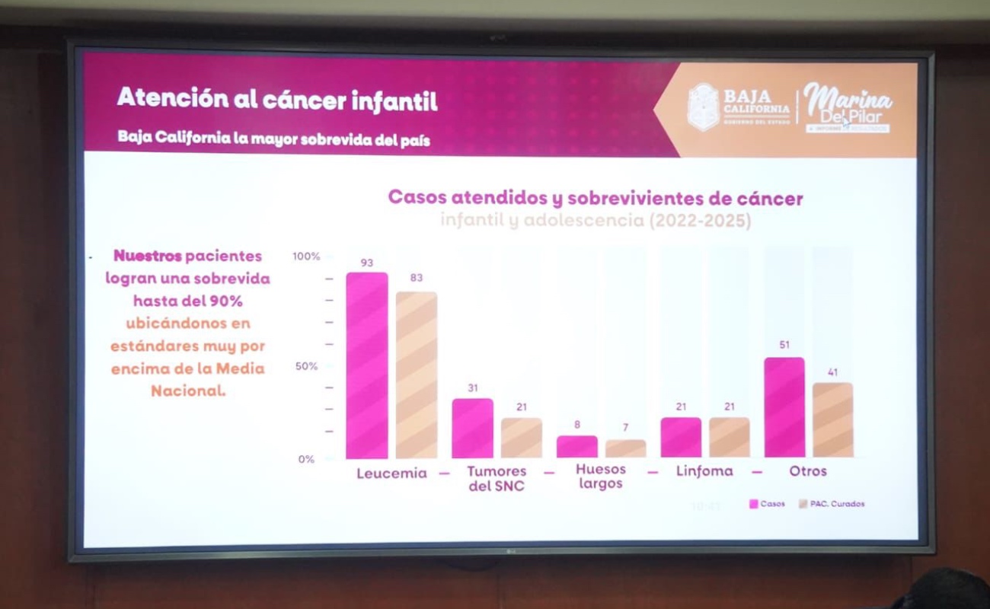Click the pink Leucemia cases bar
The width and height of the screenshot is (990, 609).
(367, 365)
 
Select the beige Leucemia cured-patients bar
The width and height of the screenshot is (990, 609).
(417, 375)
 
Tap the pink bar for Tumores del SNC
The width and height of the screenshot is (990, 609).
(472, 428)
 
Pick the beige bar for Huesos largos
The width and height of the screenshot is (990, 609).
(625, 448)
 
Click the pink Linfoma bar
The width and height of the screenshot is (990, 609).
(681, 437)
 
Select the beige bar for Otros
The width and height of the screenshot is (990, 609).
(832, 419)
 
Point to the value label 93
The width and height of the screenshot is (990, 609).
(367, 263)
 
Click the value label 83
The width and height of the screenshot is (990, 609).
(417, 278)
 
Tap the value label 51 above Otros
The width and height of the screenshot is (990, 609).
(784, 345)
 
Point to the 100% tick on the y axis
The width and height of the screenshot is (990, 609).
(306, 257)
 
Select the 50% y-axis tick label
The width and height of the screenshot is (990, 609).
(306, 366)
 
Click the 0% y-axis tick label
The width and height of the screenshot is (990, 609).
(306, 459)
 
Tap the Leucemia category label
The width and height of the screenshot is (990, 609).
(391, 473)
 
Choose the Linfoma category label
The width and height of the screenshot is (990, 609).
(704, 471)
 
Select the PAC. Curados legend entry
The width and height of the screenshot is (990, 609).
(832, 504)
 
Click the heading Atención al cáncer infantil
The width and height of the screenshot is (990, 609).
(277, 100)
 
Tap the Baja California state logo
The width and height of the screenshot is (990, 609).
(703, 107)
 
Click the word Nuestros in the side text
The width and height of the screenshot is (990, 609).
(148, 256)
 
